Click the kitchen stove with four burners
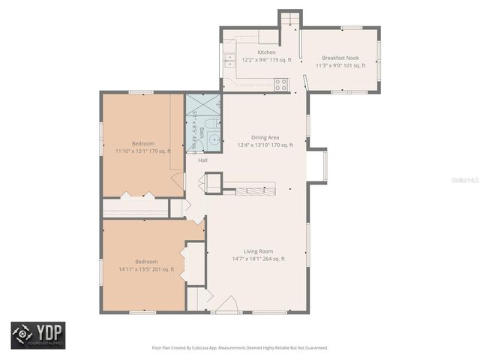click(281, 84)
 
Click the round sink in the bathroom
click(214, 139)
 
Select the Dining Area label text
click(265, 137)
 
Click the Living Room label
click(258, 251)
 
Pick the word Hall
click(202, 160)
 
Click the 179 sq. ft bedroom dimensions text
click(143, 151)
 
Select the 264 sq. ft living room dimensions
click(258, 259)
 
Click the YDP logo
click(37, 335)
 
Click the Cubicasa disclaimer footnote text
click(240, 348)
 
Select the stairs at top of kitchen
click(289, 18)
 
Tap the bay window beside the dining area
click(317, 166)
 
